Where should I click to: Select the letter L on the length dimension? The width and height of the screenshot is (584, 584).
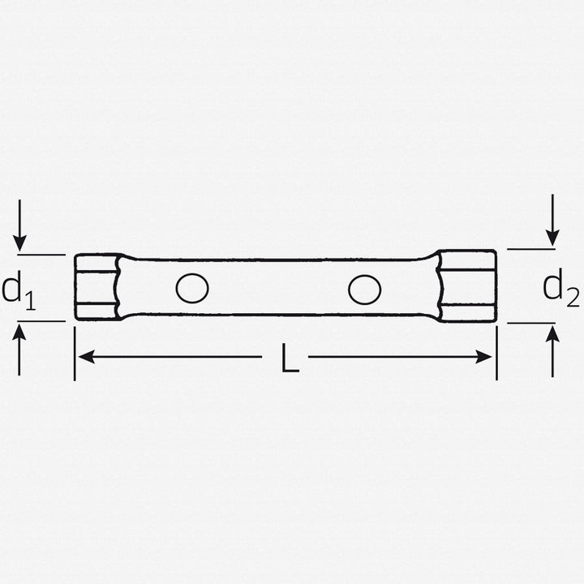coord(290,359)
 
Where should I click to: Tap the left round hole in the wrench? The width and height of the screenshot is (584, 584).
coord(192,288)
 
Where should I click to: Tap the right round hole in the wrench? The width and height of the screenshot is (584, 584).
coord(365,288)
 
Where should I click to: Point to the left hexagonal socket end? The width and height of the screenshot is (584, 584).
coord(97,287)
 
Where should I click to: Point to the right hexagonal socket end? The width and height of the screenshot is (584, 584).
coord(468,286)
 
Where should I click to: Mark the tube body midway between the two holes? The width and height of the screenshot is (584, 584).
coord(278,288)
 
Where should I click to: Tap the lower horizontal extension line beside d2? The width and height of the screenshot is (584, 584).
coord(531,323)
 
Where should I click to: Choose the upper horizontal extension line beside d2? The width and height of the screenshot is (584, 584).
coord(531,249)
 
